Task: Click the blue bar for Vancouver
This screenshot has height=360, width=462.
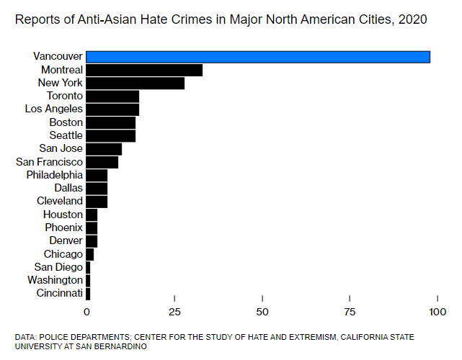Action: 258,57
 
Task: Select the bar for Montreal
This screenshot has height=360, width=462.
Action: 144,70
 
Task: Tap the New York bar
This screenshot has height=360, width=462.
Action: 135,83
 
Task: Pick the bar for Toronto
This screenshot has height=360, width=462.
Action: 112,96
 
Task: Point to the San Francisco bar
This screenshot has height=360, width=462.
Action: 102,162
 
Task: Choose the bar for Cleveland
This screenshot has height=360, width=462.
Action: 97,201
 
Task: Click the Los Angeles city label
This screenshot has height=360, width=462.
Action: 54,109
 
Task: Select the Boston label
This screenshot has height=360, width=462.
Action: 66,122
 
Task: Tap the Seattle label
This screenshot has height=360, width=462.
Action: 66,135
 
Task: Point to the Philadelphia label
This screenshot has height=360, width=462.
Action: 55,175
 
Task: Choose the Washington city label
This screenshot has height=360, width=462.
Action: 55,280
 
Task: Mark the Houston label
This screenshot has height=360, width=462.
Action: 63,215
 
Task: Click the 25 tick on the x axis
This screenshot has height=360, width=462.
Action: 174,311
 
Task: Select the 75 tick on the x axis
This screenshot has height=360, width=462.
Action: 350,311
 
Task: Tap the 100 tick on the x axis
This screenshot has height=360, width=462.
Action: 437,311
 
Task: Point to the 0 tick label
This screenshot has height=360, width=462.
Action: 86,311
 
